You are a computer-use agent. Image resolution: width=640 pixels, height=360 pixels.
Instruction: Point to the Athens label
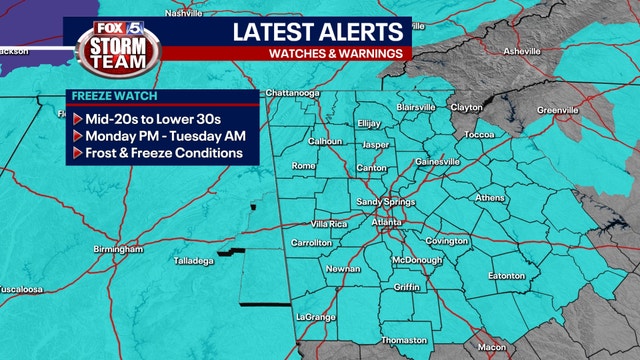click(490, 198)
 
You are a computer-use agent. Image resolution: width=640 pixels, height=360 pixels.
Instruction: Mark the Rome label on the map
click(303, 166)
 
